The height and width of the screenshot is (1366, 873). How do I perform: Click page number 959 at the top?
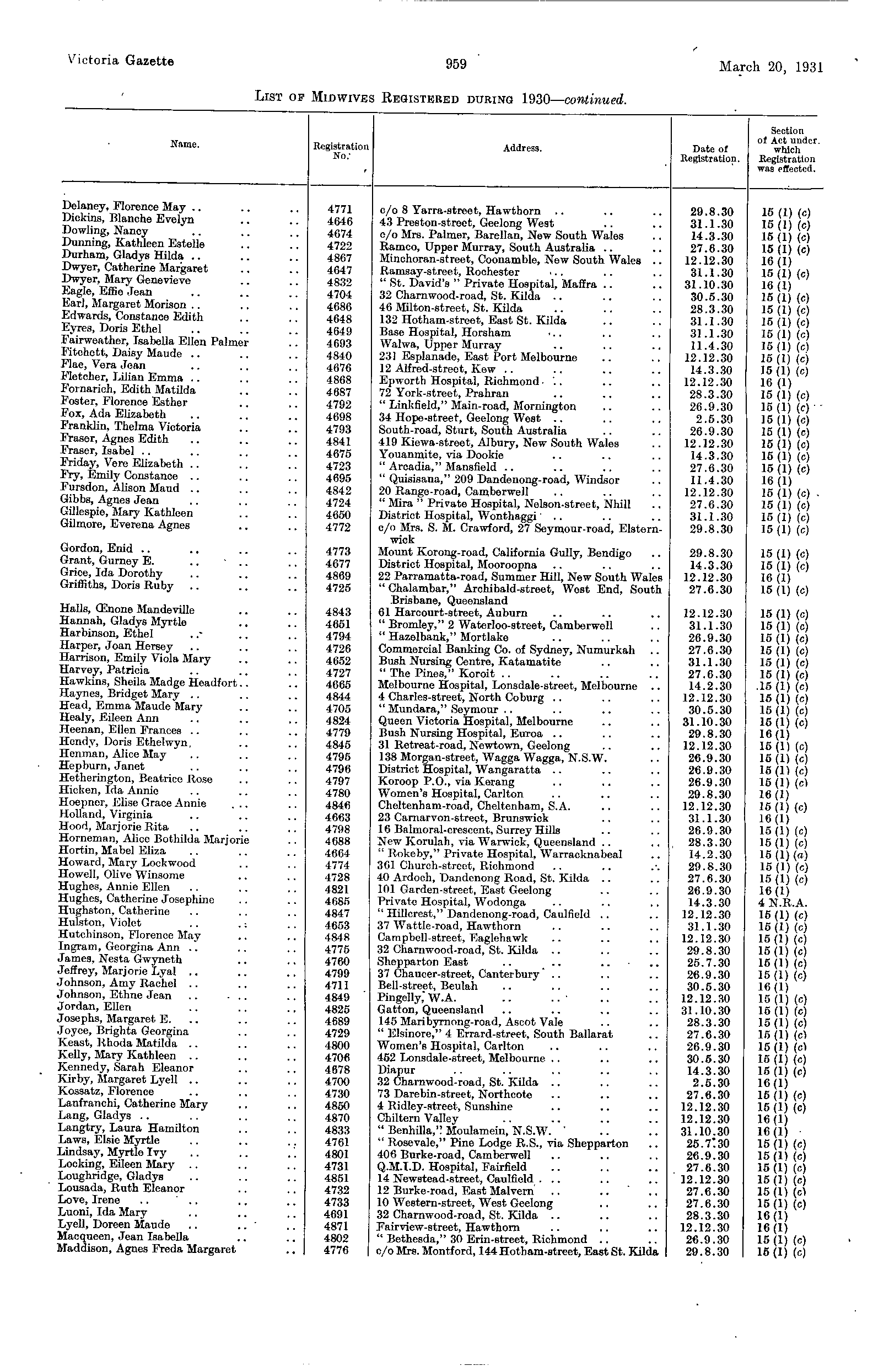click(456, 64)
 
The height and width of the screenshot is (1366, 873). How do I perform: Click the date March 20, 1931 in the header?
click(770, 67)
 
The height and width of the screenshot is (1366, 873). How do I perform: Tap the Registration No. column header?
click(341, 151)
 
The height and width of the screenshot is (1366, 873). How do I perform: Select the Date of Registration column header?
click(710, 154)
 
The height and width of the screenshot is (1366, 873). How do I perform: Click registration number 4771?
click(339, 210)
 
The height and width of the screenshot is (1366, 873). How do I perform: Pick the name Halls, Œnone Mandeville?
click(127, 610)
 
